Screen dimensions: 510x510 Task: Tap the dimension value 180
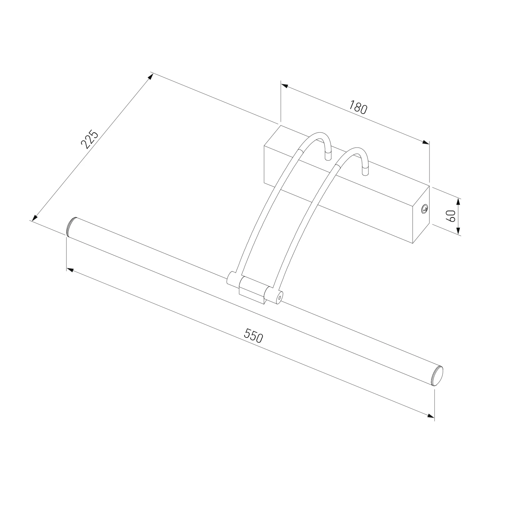click(358, 107)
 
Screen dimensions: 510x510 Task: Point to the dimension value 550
click(253, 335)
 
